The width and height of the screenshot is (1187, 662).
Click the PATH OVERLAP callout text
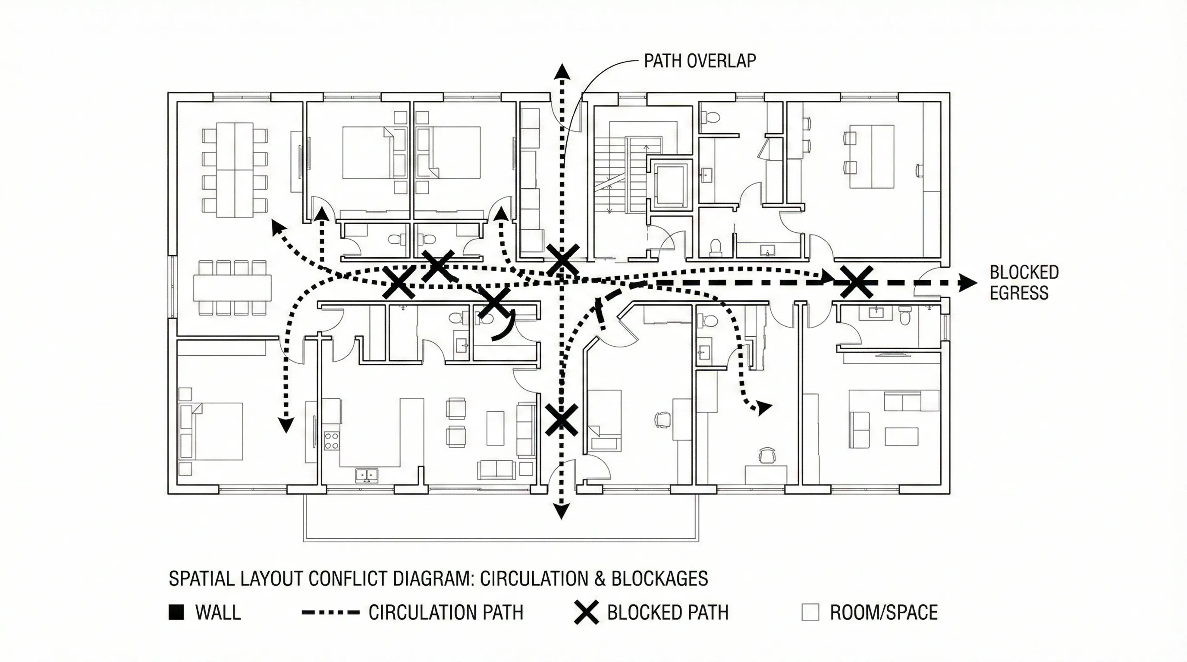tap(700, 61)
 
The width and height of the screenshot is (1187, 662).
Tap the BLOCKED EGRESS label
tap(1024, 283)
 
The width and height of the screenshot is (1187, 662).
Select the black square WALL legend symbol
tap(176, 612)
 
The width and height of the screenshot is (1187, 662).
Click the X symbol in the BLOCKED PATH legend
tap(586, 612)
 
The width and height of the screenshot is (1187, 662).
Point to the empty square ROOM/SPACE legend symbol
tap(810, 612)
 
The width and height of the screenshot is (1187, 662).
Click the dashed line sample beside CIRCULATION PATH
tap(330, 612)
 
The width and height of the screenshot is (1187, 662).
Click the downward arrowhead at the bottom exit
tap(561, 511)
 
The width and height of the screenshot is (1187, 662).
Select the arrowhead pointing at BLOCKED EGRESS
tap(967, 283)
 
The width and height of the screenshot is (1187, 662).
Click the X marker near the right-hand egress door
tap(856, 282)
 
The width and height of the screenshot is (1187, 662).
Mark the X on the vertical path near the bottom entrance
tap(561, 420)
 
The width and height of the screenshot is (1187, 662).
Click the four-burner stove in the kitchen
tap(331, 440)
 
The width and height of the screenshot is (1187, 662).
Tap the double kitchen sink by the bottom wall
tap(366, 475)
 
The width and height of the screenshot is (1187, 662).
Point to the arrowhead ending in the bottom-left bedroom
tap(286, 425)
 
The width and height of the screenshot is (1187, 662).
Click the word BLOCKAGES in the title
tap(659, 579)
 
